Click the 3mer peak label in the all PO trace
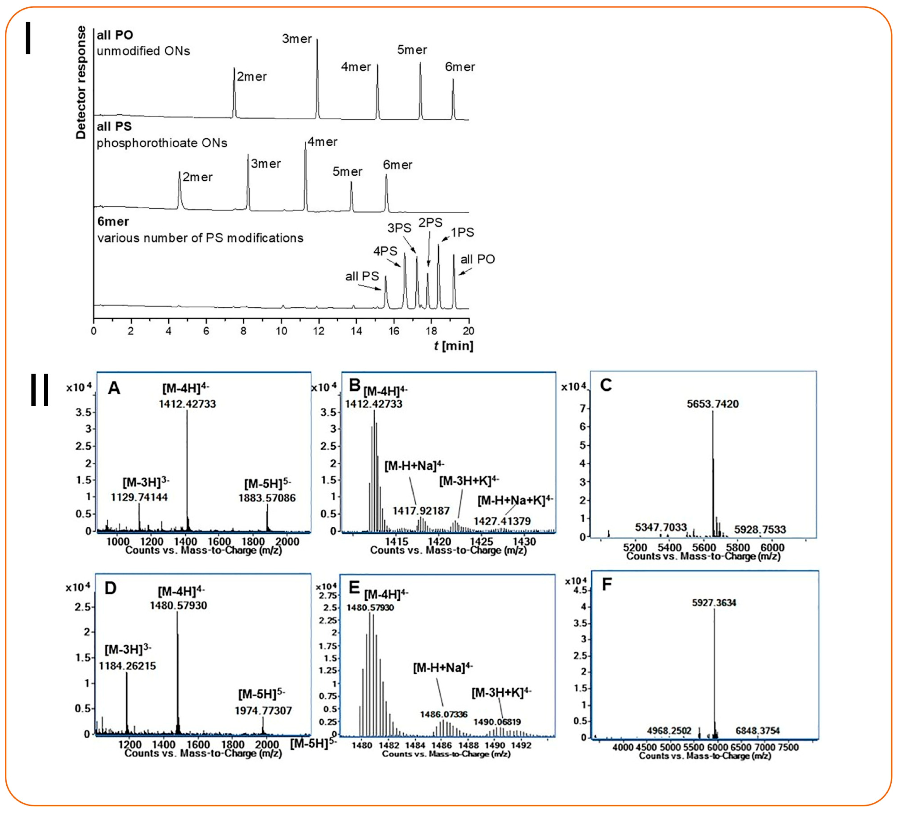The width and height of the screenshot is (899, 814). tap(297, 39)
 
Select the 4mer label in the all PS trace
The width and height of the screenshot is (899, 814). tap(322, 142)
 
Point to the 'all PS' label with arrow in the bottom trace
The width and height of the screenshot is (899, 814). tap(362, 276)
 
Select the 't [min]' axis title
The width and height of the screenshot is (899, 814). tap(453, 346)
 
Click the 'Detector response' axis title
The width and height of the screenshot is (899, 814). tap(81, 82)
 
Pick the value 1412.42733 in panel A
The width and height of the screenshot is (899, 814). tap(187, 404)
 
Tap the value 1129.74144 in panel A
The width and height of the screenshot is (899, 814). tap(139, 497)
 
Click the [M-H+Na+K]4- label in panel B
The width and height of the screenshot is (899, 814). tap(515, 500)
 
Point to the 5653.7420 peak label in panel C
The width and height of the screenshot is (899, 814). tap(712, 404)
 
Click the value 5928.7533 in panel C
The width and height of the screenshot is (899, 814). tap(760, 530)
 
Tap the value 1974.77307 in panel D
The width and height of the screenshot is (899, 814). tap(263, 710)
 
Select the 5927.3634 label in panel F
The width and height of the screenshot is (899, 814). tap(714, 603)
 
